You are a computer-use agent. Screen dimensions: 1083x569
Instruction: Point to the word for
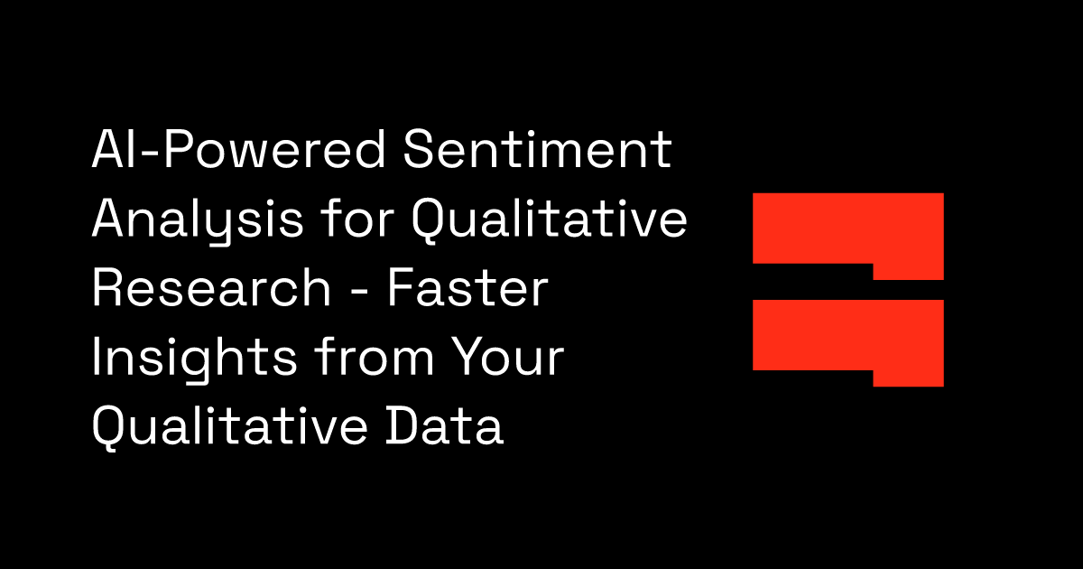click(357, 219)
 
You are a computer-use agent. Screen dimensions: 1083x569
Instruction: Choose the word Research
click(211, 288)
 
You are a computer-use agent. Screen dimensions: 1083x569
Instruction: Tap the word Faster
click(467, 288)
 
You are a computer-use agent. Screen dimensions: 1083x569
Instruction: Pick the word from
click(375, 357)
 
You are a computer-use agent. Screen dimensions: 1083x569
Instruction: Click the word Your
click(507, 357)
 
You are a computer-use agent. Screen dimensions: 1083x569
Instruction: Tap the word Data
click(445, 425)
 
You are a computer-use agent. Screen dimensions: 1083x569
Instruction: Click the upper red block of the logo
click(848, 229)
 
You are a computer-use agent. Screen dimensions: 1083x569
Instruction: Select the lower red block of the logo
click(848, 335)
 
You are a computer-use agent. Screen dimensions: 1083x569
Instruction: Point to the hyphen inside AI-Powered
click(152, 154)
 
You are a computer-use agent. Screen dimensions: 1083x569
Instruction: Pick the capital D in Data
click(402, 425)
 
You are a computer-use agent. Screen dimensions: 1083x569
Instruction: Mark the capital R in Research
click(108, 288)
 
